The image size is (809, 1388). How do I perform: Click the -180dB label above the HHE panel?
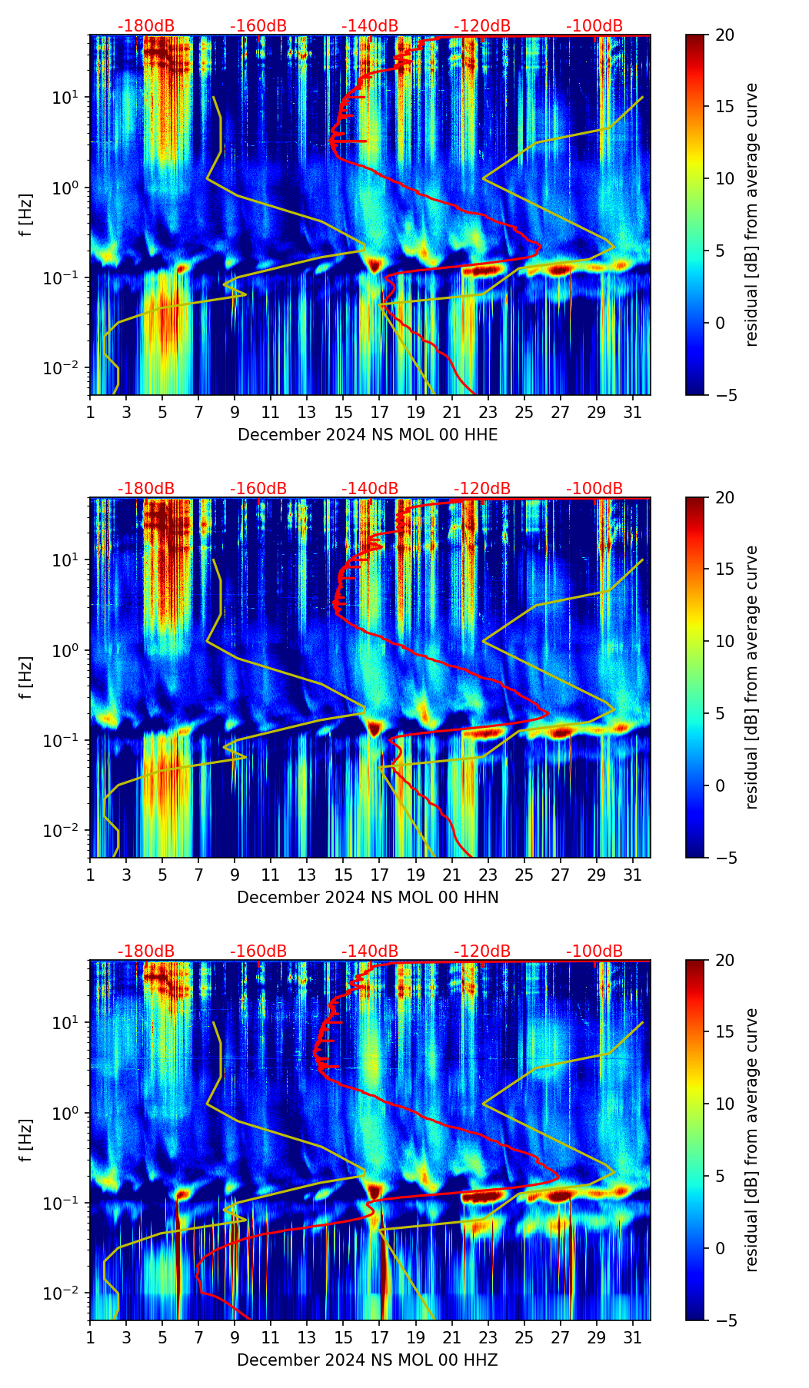[x=146, y=26]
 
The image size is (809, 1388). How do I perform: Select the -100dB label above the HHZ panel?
[x=594, y=951]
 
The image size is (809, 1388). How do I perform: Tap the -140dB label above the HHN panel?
[x=370, y=489]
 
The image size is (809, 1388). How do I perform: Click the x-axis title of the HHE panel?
[x=368, y=435]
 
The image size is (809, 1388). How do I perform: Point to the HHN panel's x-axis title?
[x=368, y=898]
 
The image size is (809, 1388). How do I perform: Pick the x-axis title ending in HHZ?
[x=368, y=1360]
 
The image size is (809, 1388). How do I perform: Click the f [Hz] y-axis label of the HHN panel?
[x=26, y=677]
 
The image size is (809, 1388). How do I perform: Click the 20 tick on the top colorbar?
[x=724, y=35]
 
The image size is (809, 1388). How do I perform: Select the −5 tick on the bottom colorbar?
[x=724, y=1320]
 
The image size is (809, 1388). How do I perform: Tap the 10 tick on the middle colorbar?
[x=724, y=641]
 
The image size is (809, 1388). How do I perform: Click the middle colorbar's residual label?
[x=752, y=677]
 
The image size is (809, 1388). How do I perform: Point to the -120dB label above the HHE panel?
[x=482, y=26]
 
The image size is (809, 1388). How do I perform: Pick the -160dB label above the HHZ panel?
[x=258, y=951]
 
